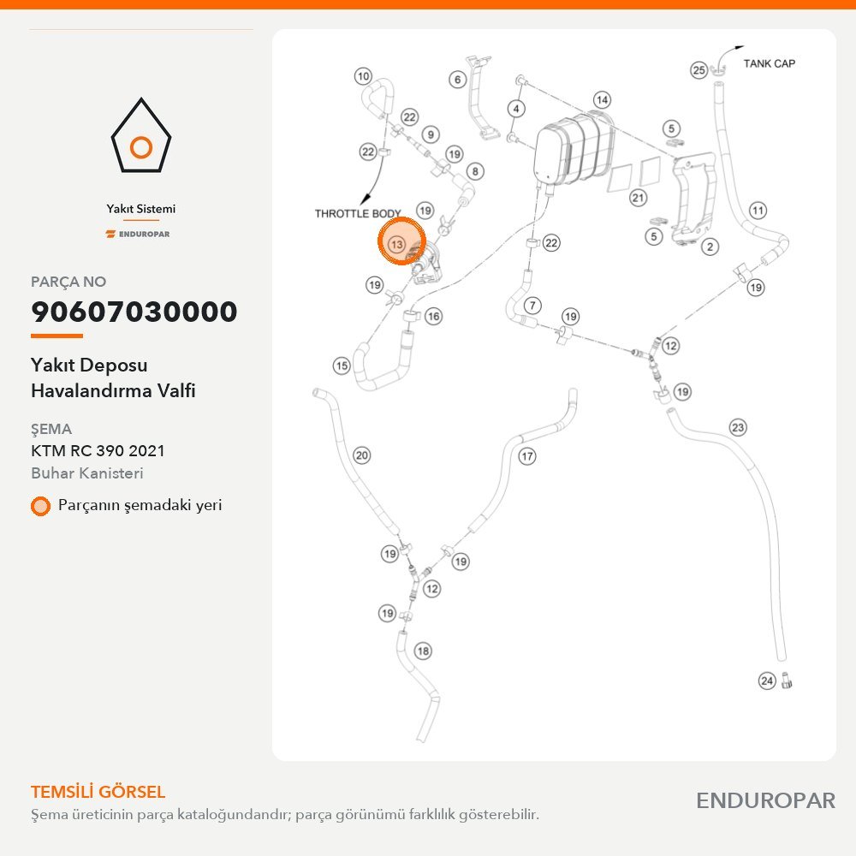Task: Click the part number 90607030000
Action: (x=134, y=312)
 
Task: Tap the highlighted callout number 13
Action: (x=397, y=244)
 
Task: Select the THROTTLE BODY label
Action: (x=358, y=213)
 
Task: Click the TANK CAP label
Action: (x=770, y=63)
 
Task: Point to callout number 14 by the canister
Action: (x=602, y=100)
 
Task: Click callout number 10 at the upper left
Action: (x=363, y=76)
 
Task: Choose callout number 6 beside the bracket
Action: (x=457, y=80)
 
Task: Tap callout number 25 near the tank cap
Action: (x=698, y=70)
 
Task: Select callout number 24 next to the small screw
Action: (x=767, y=681)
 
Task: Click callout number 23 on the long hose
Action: (x=738, y=427)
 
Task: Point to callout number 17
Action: (x=526, y=456)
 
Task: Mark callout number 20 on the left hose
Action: (x=362, y=455)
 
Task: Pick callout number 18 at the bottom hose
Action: (x=423, y=651)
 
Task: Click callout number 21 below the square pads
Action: (x=639, y=198)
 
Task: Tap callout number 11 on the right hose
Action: (x=758, y=211)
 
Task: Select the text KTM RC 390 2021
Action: (x=98, y=451)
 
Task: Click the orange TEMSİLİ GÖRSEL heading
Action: (x=98, y=792)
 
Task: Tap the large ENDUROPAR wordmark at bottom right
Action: (x=765, y=801)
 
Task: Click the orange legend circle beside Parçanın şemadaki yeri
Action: (x=40, y=506)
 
